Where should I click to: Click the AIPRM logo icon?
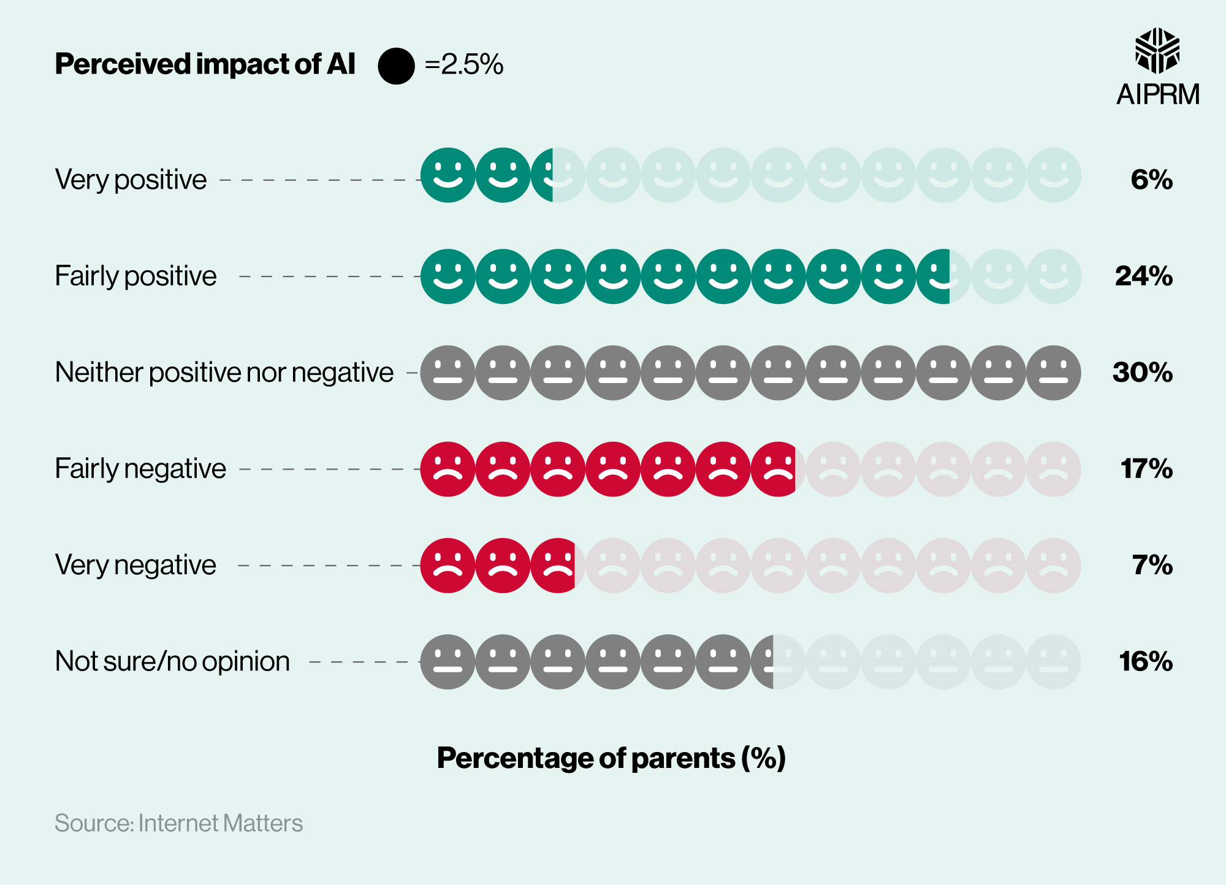tap(1157, 51)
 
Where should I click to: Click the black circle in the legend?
tap(396, 66)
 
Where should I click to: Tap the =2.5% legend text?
tap(463, 64)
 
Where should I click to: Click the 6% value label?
tap(1151, 180)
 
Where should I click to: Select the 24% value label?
tap(1143, 276)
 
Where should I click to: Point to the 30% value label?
tap(1142, 372)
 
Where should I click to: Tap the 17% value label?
tap(1146, 469)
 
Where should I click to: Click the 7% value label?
tap(1152, 565)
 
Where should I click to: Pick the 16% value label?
tap(1145, 661)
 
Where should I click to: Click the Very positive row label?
tap(131, 180)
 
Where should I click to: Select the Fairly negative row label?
tap(140, 469)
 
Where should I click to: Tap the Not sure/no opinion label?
tap(172, 661)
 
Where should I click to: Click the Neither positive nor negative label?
tap(224, 372)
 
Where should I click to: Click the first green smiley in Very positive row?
tap(447, 175)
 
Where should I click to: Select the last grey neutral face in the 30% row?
tap(1053, 373)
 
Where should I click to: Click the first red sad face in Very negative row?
tap(447, 566)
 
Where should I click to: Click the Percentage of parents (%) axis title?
tap(611, 758)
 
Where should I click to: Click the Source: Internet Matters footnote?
tap(179, 823)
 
